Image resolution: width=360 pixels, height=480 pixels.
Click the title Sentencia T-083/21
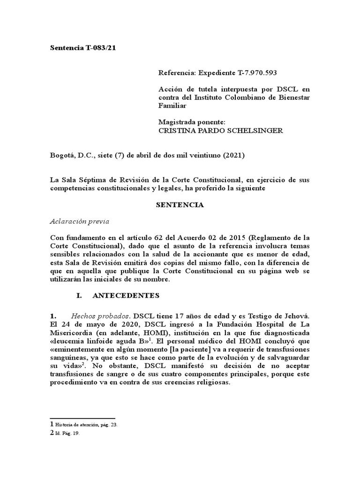[82, 48]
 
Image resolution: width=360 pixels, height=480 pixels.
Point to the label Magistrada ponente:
[192, 122]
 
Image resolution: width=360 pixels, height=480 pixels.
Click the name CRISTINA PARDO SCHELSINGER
[220, 130]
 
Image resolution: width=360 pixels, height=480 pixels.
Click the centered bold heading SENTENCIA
[180, 205]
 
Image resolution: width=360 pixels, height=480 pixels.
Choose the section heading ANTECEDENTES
[126, 295]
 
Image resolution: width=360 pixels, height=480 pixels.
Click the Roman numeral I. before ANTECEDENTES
[79, 295]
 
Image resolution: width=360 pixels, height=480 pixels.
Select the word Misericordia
[74, 333]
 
